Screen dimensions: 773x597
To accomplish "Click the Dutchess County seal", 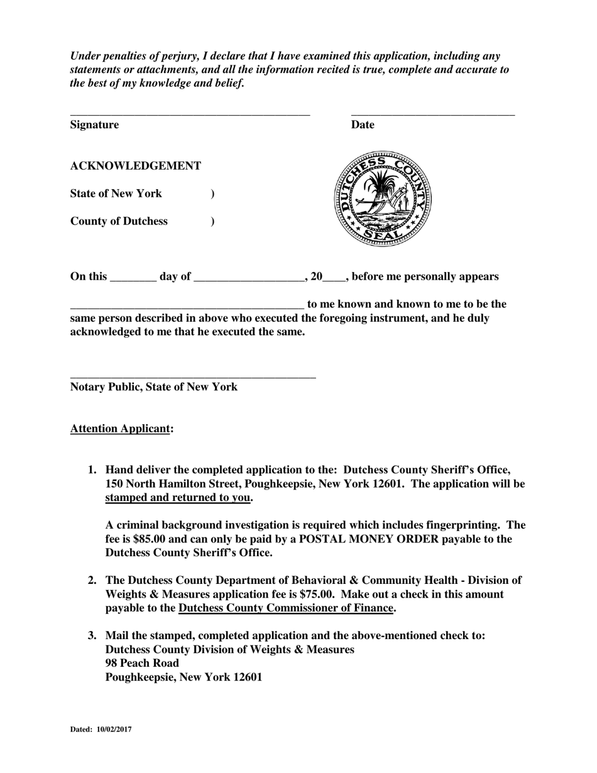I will [x=383, y=199].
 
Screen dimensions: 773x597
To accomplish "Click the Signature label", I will [x=94, y=125].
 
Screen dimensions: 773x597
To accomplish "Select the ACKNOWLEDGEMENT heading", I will [x=136, y=166].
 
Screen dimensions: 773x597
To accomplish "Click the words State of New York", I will [x=116, y=194].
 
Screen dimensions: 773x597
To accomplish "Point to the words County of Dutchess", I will [x=119, y=221].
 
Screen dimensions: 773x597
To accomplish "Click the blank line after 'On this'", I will [x=133, y=280].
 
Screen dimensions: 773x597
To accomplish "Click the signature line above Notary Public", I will [x=192, y=376].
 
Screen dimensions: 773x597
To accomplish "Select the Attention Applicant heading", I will [x=121, y=429].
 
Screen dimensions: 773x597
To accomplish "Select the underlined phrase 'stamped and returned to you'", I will [x=178, y=498].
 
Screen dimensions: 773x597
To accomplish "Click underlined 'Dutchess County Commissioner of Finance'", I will [x=286, y=608].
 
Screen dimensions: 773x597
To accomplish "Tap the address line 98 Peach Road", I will [x=142, y=664].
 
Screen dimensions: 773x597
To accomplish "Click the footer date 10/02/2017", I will [x=114, y=730].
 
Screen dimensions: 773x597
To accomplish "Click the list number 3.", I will [x=92, y=636].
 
